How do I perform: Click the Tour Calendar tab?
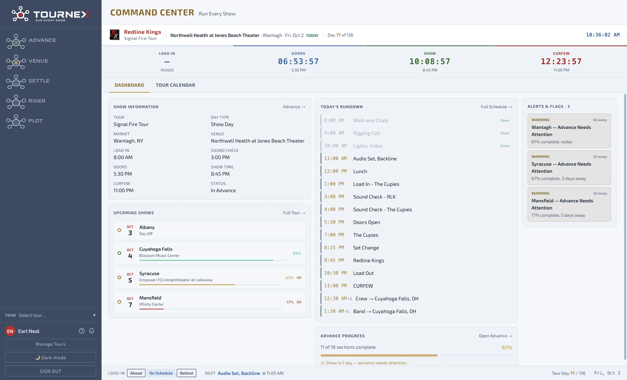tap(175, 85)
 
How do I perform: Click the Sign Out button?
tap(50, 371)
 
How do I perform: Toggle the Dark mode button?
tap(50, 358)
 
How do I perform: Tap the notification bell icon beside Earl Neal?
tap(92, 331)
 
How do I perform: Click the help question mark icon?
tap(82, 331)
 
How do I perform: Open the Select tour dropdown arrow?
tap(94, 315)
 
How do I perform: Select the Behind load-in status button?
tap(187, 373)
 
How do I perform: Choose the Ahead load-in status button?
tap(136, 373)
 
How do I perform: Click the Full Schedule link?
tap(496, 107)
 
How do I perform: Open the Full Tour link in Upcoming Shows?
tap(294, 213)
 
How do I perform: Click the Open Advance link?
tap(495, 336)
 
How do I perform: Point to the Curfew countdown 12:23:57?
tap(561, 62)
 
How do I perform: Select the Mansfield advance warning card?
tap(569, 204)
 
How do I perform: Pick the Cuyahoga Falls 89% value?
tap(297, 253)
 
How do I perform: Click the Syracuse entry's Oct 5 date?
tap(130, 278)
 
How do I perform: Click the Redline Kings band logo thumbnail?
tap(114, 35)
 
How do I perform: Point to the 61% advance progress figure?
tap(507, 348)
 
